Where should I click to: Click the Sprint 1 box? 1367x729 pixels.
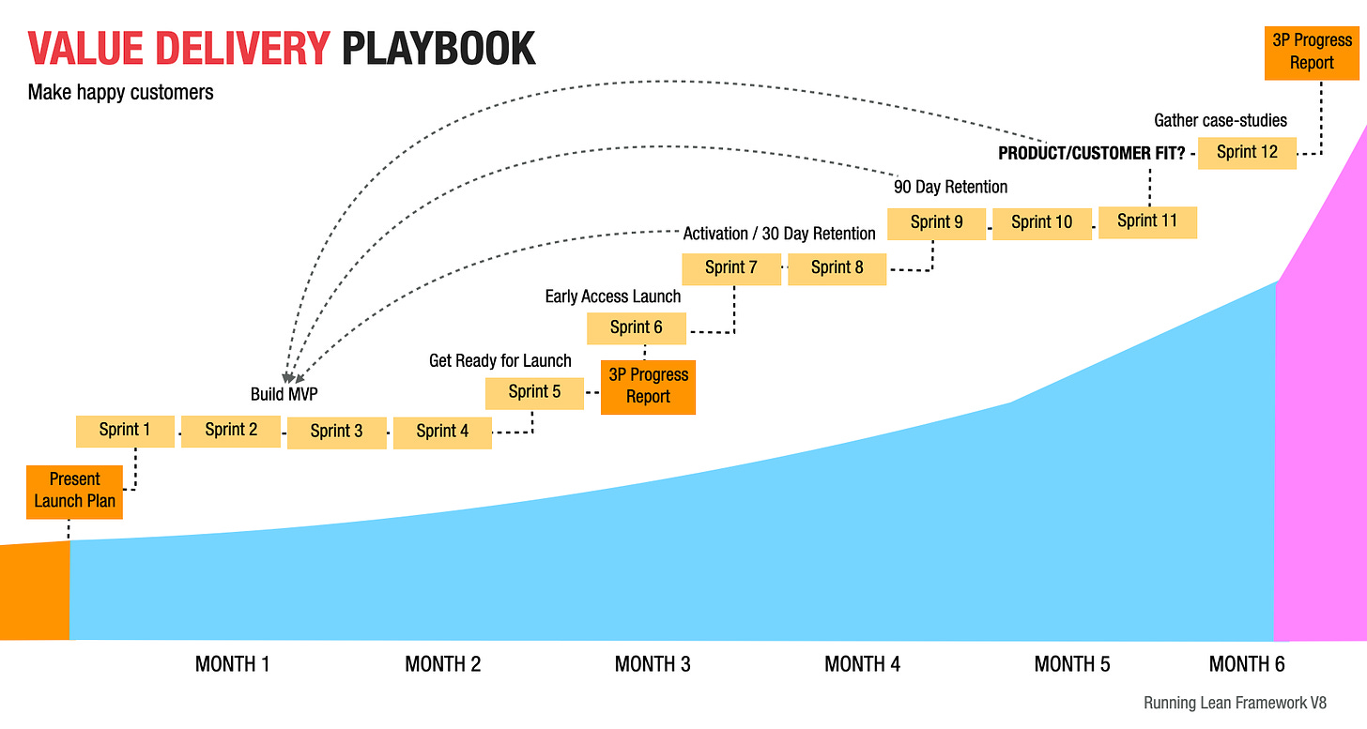coord(125,430)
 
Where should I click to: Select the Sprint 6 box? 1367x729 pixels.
coord(637,327)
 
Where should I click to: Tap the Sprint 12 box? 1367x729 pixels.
coord(1247,152)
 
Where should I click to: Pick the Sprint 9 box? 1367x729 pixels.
coord(937,222)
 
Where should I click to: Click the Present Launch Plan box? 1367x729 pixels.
coord(75,491)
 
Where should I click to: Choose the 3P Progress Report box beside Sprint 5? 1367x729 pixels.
coord(648,387)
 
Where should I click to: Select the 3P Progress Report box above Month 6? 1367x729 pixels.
coord(1312,52)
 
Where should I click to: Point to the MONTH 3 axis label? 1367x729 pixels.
coord(653,664)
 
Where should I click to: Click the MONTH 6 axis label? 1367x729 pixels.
coord(1247,664)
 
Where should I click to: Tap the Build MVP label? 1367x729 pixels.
coord(284,394)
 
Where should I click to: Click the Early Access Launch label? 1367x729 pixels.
coord(613,296)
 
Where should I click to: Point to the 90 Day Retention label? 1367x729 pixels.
coord(951,187)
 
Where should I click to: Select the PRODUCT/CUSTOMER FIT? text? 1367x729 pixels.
coord(1091,153)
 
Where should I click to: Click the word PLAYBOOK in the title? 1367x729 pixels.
coord(438,49)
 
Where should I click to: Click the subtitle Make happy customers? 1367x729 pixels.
coord(121,92)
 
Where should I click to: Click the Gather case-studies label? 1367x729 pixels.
coord(1221,120)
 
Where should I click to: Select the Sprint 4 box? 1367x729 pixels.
coord(442,432)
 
